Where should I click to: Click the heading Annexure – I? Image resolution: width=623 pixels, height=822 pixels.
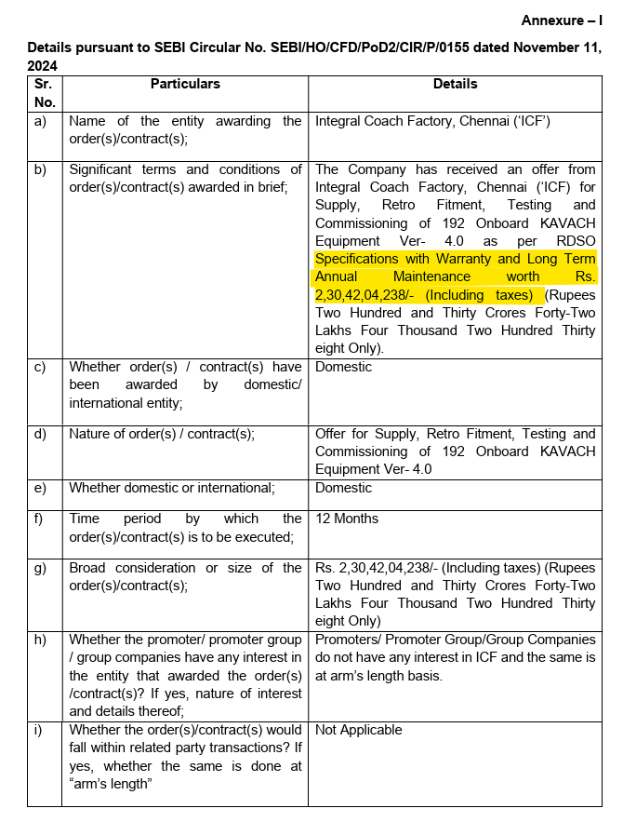click(561, 20)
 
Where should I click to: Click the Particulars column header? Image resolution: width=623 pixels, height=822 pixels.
click(185, 84)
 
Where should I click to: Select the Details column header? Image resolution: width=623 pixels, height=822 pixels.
click(455, 84)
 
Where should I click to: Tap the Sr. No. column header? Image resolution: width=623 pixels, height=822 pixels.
click(45, 92)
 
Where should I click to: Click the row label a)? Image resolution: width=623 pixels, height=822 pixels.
click(40, 121)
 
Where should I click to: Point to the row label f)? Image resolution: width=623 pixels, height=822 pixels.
click(39, 519)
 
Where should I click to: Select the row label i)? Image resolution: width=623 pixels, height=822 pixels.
click(38, 730)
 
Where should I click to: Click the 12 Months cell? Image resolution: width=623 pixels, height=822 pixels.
click(348, 519)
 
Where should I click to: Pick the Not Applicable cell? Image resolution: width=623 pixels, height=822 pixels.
click(359, 730)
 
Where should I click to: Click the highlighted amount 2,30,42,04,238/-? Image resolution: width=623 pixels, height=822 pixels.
click(366, 295)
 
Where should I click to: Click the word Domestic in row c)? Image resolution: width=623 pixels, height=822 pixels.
click(343, 367)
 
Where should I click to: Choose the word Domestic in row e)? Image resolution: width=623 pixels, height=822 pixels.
click(343, 488)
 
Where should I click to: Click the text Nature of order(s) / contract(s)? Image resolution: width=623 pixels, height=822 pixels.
click(162, 434)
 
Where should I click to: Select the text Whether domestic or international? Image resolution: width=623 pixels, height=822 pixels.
click(172, 488)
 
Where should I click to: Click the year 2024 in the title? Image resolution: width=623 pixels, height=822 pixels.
click(43, 66)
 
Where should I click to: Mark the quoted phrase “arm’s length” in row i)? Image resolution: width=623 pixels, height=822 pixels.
click(111, 784)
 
